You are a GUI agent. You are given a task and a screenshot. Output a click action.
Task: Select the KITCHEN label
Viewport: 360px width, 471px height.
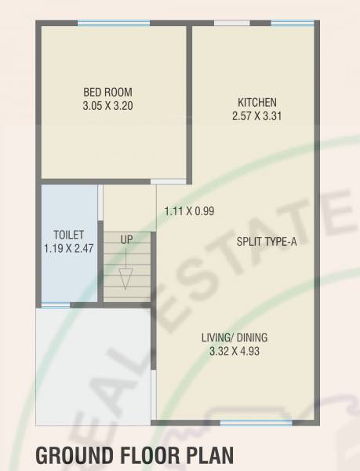click(257, 103)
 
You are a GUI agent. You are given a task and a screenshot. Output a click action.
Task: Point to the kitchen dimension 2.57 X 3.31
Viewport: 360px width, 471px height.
click(257, 116)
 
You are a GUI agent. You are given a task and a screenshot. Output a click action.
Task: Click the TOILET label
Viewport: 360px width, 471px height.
click(68, 235)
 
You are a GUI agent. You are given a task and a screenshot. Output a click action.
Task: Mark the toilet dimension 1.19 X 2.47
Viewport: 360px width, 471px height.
click(68, 248)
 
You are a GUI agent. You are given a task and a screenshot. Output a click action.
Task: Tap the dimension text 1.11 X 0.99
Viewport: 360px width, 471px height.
click(189, 211)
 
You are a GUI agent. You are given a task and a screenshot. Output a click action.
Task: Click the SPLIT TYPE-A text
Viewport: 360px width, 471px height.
click(266, 242)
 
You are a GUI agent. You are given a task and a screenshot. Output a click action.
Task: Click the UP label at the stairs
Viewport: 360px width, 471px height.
click(126, 239)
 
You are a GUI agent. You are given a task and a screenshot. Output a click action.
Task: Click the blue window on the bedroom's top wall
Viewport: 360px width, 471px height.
click(113, 23)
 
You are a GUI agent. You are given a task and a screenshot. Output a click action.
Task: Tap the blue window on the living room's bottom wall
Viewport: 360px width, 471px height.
click(245, 423)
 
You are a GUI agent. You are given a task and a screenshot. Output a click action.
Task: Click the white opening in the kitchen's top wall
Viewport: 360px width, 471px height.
click(231, 23)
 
